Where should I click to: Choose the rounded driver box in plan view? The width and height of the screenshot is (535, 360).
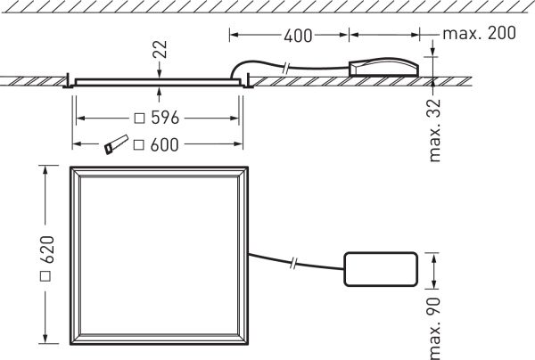pyautogui.click(x=380, y=270)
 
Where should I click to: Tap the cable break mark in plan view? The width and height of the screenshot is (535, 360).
pyautogui.click(x=294, y=264)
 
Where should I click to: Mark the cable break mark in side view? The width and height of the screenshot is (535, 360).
pyautogui.click(x=284, y=67)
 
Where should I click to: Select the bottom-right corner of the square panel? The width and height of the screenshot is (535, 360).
pyautogui.click(x=248, y=346)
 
